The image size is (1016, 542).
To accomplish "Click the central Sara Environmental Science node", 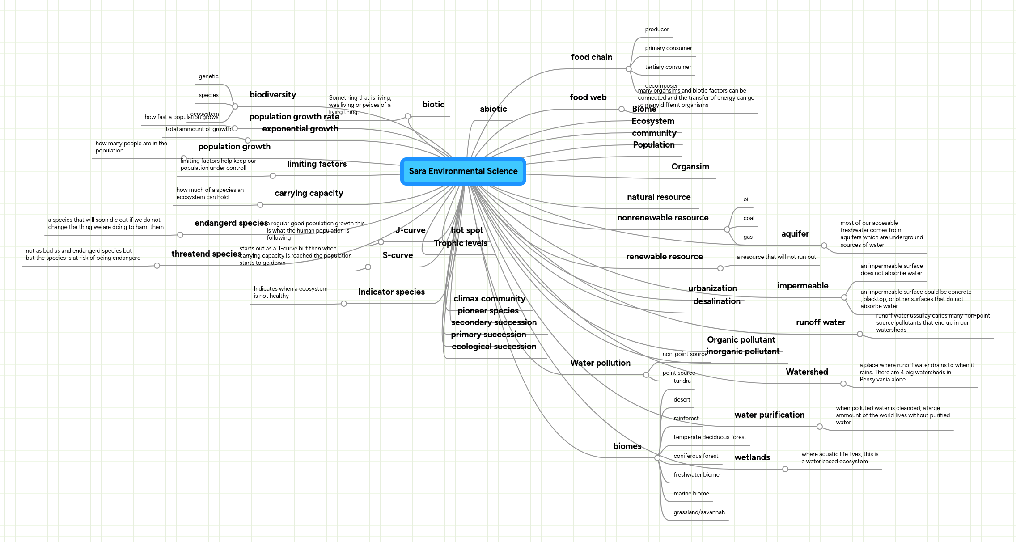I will (463, 171).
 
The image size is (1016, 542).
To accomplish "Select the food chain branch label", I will (591, 57).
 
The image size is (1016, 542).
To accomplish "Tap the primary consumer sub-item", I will (668, 48).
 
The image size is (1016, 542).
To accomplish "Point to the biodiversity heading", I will (272, 95).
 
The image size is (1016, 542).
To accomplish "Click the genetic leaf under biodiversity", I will (208, 76).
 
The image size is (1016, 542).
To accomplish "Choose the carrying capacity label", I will (309, 193).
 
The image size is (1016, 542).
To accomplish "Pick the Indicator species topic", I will (391, 292).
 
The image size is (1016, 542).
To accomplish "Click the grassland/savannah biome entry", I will (699, 512).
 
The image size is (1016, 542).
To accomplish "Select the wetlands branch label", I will (752, 457).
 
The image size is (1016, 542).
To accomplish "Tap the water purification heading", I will (769, 415).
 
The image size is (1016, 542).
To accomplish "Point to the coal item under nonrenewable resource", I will (749, 218).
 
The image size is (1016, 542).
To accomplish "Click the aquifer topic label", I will (795, 234).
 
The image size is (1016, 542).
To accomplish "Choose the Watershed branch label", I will (807, 372).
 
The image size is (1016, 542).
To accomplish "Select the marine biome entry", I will (691, 494).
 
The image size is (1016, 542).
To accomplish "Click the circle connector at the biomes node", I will (657, 458).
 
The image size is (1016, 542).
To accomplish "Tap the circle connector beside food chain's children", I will (629, 69).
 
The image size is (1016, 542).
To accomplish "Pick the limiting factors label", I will (317, 164).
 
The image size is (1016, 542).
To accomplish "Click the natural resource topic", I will (658, 197).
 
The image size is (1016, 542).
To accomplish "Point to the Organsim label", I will (690, 167).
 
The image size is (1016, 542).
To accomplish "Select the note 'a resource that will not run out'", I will (776, 257).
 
